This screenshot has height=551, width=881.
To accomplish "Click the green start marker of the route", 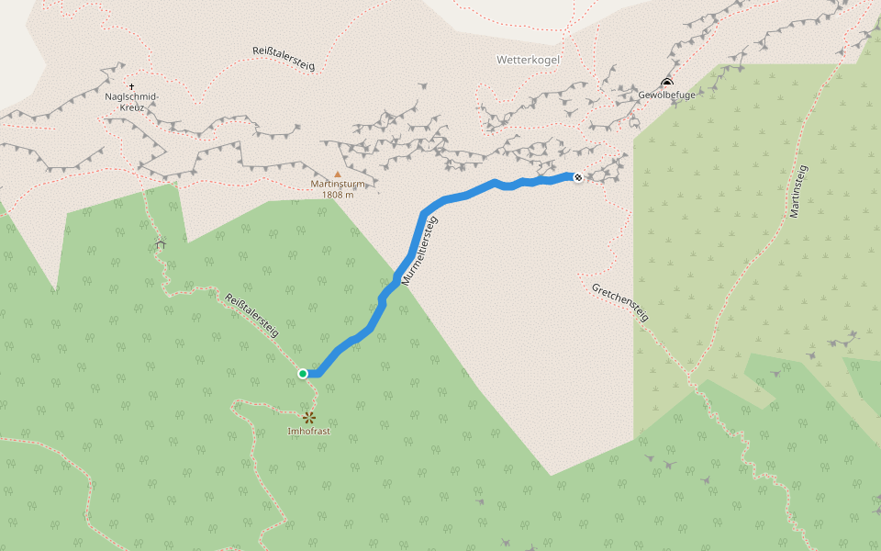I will point(303,373).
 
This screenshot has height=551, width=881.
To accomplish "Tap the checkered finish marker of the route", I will point(578,177).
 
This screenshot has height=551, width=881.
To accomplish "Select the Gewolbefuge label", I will point(667,95).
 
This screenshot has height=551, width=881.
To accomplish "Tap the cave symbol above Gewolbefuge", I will point(667,83).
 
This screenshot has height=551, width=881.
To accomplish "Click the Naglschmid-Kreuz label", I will point(132,102).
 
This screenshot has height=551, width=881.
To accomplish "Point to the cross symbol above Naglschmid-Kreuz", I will point(132,86).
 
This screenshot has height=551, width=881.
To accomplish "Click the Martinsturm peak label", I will point(338,184).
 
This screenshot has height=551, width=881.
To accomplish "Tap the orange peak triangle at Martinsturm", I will point(337,174).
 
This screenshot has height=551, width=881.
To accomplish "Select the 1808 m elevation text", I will point(338,195).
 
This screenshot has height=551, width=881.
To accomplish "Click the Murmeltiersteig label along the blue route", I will point(420,250).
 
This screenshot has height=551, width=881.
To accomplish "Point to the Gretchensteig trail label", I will point(620,302).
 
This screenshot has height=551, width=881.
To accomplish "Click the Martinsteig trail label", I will point(797,192).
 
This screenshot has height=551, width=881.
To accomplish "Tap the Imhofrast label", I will point(308,431).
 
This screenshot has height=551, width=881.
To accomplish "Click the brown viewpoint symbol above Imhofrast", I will point(309,418).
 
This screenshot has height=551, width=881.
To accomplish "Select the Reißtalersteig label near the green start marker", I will point(251,315).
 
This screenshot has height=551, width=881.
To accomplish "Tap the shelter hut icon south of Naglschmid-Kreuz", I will point(161,244).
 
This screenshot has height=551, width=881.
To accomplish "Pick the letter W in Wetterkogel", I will point(501,60).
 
